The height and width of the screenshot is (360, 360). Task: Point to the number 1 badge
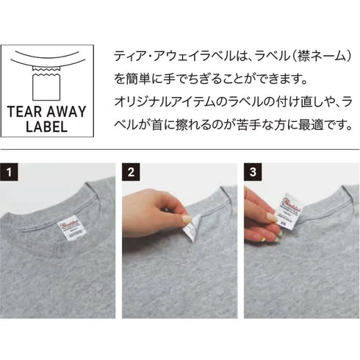(10, 173)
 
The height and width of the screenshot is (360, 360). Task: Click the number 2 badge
(132, 173)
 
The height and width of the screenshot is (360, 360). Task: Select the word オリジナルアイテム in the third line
(157, 100)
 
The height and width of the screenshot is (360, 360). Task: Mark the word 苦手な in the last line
(259, 123)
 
